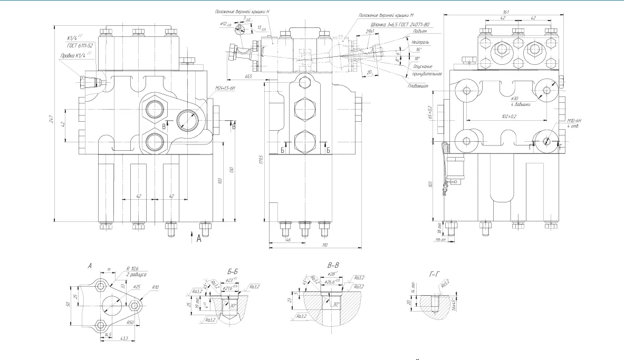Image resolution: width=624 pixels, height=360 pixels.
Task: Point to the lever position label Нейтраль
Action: [420, 41]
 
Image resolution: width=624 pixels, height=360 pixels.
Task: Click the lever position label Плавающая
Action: [417, 85]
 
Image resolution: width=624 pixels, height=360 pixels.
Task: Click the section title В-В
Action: [333, 266]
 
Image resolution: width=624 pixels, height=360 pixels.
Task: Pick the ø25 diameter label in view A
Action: [137, 287]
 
